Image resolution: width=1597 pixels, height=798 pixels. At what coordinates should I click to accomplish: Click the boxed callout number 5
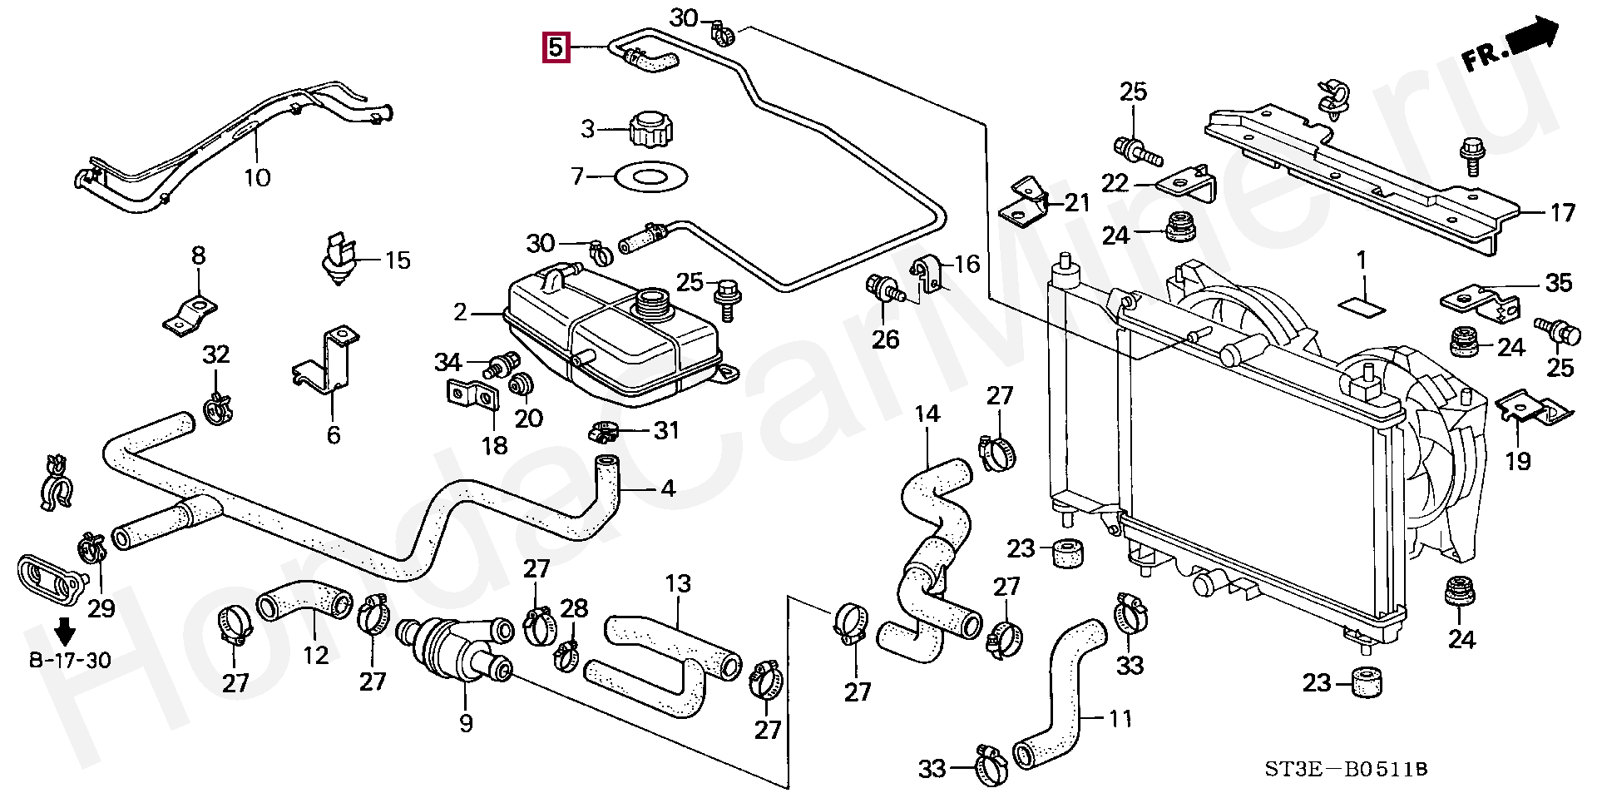coord(556,47)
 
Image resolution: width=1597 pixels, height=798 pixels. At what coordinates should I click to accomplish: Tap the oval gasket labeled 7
coord(651,176)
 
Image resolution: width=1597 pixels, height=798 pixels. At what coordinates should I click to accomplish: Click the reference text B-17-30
coord(70,661)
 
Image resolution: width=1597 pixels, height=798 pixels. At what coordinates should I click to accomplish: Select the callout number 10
coord(258,177)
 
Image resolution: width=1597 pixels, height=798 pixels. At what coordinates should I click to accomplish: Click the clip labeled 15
coord(340,258)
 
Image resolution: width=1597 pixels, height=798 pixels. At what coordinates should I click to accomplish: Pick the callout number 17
coord(1562,213)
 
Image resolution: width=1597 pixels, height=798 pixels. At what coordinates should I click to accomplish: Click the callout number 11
coord(1120,717)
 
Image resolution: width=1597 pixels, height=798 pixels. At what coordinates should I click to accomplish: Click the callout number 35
coord(1559,283)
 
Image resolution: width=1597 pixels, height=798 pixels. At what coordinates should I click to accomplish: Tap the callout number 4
coord(667,489)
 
